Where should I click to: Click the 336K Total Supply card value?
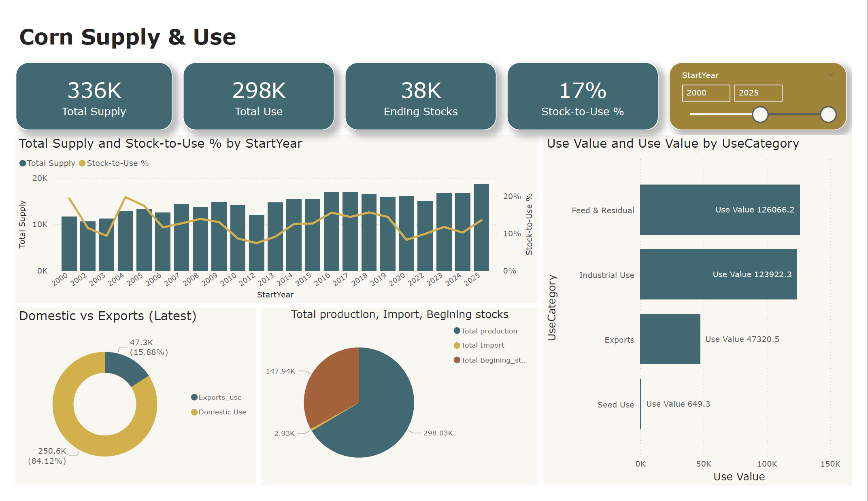[x=94, y=90]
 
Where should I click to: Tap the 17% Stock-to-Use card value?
[x=582, y=90]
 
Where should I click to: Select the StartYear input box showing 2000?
[x=706, y=93]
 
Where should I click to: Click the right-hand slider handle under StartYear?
[x=828, y=115]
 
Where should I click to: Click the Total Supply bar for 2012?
[x=256, y=243]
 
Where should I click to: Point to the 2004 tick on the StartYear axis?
[x=116, y=279]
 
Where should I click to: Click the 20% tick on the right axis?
[x=512, y=196]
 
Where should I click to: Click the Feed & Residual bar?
[x=719, y=210]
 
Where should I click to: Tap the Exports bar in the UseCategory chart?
[x=670, y=339]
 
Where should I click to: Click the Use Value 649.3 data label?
[x=678, y=404]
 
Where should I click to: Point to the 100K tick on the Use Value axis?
[x=767, y=464]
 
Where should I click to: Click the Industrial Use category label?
[x=606, y=275]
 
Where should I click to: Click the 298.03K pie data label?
[x=438, y=433]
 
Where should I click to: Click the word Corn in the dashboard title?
[x=46, y=37]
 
